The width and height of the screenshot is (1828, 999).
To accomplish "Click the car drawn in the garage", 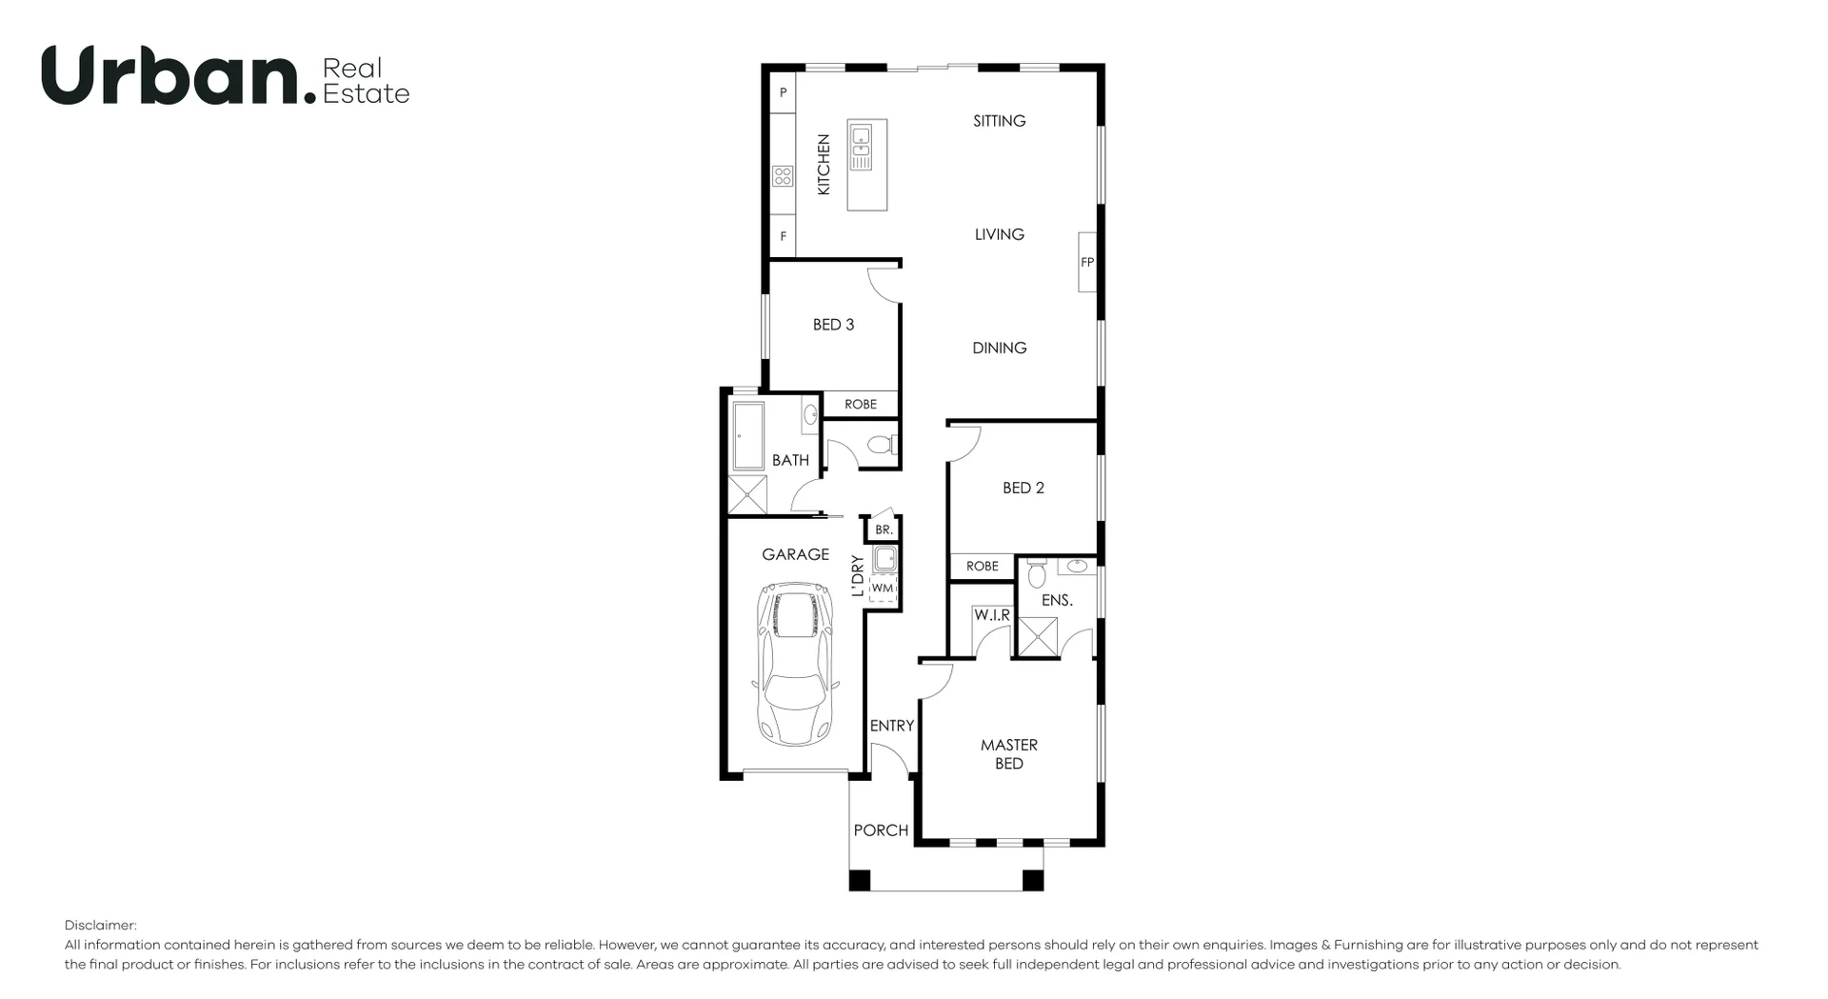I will [x=795, y=665].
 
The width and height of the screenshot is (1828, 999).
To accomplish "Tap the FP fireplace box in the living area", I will [x=1087, y=262].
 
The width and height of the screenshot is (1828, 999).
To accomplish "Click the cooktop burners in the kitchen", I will [x=783, y=176].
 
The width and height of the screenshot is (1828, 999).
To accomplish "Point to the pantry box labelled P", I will [x=783, y=93].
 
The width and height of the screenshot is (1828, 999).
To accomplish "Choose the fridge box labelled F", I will [x=783, y=236].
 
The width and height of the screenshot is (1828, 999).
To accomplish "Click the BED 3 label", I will [x=833, y=325].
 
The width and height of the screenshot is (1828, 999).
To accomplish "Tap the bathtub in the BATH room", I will [x=748, y=436].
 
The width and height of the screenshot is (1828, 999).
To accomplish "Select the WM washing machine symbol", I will [x=883, y=588].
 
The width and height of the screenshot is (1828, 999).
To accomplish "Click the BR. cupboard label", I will [x=884, y=529].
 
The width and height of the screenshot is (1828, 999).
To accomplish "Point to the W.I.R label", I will [x=991, y=615].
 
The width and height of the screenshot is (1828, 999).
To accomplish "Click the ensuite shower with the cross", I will [x=1038, y=637].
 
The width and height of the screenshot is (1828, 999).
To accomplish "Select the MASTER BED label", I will [x=1009, y=753].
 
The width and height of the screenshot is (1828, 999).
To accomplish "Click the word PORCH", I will [x=881, y=830].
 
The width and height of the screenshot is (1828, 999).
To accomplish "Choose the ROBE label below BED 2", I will [x=982, y=566].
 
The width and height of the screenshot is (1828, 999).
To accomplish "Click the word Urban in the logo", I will [x=170, y=76].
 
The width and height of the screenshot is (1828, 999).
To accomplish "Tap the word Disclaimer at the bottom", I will [x=100, y=925].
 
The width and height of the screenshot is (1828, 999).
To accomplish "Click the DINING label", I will [x=999, y=348].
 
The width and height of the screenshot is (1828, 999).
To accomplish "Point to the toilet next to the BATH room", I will [x=880, y=445].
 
